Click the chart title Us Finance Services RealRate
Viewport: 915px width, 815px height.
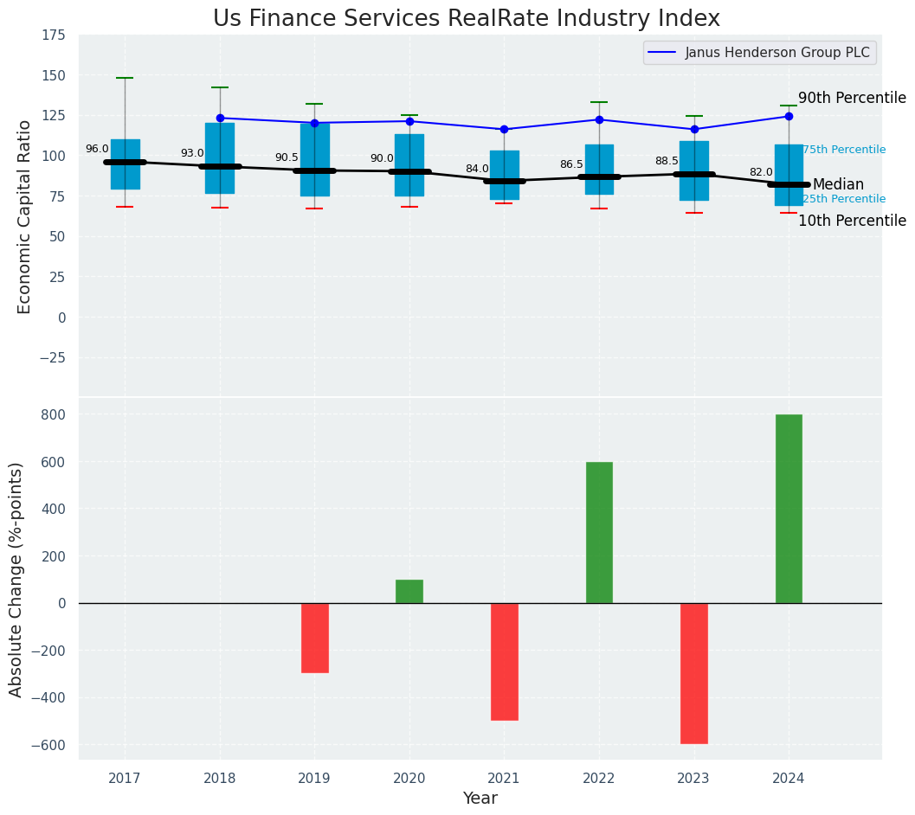click(466, 19)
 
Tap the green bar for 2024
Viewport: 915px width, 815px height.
click(789, 509)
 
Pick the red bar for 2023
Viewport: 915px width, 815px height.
click(694, 673)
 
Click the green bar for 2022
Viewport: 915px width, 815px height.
click(599, 532)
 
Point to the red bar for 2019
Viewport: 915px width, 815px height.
click(315, 638)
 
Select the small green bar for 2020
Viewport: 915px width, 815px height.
click(409, 591)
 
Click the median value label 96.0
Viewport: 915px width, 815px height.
click(97, 149)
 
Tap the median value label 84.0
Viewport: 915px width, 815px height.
click(477, 169)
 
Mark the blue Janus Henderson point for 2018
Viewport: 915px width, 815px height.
click(220, 118)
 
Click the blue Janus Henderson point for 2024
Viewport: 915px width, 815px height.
click(789, 116)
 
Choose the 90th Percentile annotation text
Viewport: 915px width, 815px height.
click(852, 98)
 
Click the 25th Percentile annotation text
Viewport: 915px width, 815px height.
click(844, 199)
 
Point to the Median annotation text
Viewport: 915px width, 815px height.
click(838, 184)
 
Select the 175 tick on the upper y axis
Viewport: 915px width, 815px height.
click(53, 35)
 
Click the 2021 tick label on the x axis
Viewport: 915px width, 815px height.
click(504, 779)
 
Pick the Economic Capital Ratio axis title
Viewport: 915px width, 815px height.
click(25, 216)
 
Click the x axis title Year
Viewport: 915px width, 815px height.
click(480, 799)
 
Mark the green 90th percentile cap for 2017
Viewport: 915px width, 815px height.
click(125, 78)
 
